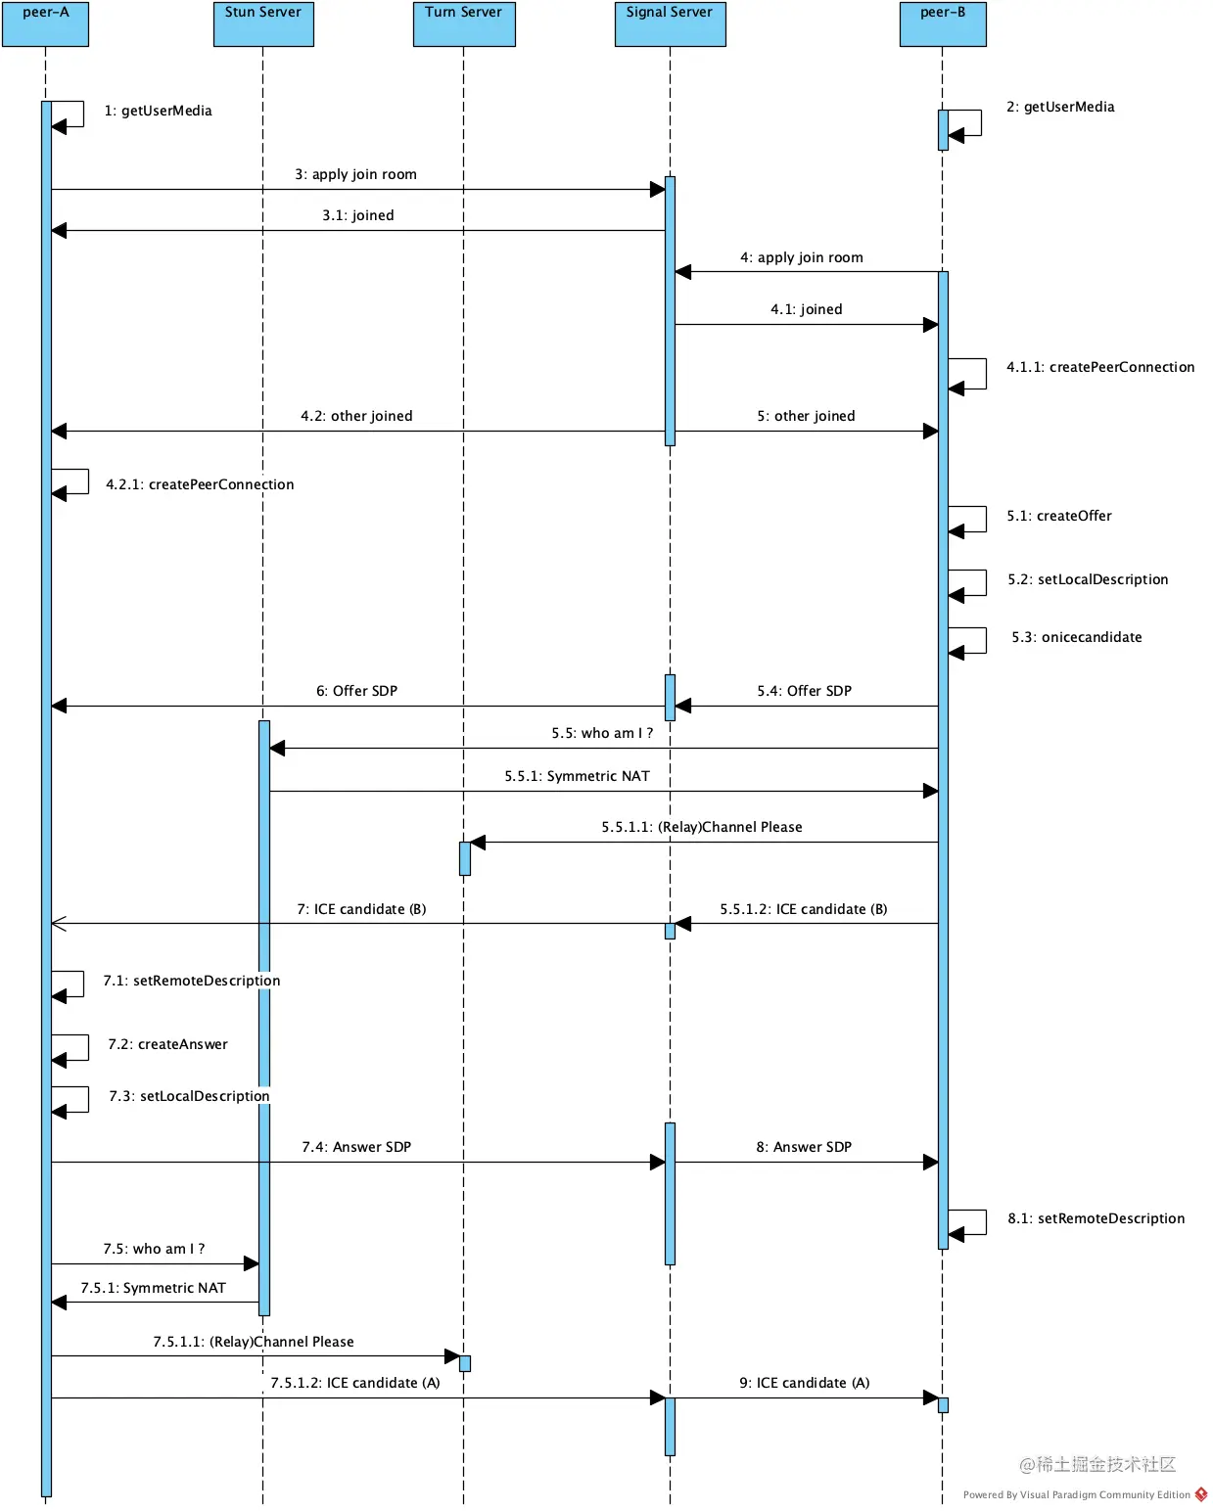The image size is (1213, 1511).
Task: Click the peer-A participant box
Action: [45, 23]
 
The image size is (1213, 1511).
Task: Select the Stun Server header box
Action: [263, 23]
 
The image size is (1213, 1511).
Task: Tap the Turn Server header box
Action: [464, 23]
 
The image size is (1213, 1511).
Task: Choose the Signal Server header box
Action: [670, 23]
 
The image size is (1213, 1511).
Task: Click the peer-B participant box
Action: [943, 23]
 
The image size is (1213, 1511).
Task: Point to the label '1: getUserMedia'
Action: [159, 111]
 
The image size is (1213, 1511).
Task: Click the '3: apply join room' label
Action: [356, 174]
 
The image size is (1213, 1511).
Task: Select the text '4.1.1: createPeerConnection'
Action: [1100, 367]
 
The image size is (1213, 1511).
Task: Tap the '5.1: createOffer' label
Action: [1059, 516]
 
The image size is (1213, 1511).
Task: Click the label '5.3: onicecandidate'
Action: [1077, 637]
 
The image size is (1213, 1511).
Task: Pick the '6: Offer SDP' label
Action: [356, 691]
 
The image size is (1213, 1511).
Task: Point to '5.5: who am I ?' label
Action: [602, 733]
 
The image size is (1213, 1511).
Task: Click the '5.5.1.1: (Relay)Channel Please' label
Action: [702, 827]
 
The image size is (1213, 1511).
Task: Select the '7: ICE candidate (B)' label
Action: [361, 909]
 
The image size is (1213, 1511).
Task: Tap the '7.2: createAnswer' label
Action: [168, 1044]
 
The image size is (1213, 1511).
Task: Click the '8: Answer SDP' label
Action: [804, 1147]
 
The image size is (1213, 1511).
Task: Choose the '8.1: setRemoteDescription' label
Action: [1096, 1218]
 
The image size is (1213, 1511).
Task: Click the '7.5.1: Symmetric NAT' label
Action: [154, 1288]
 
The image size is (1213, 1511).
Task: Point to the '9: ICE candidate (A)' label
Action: [805, 1383]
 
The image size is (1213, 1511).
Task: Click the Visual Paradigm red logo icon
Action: [1201, 1494]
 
